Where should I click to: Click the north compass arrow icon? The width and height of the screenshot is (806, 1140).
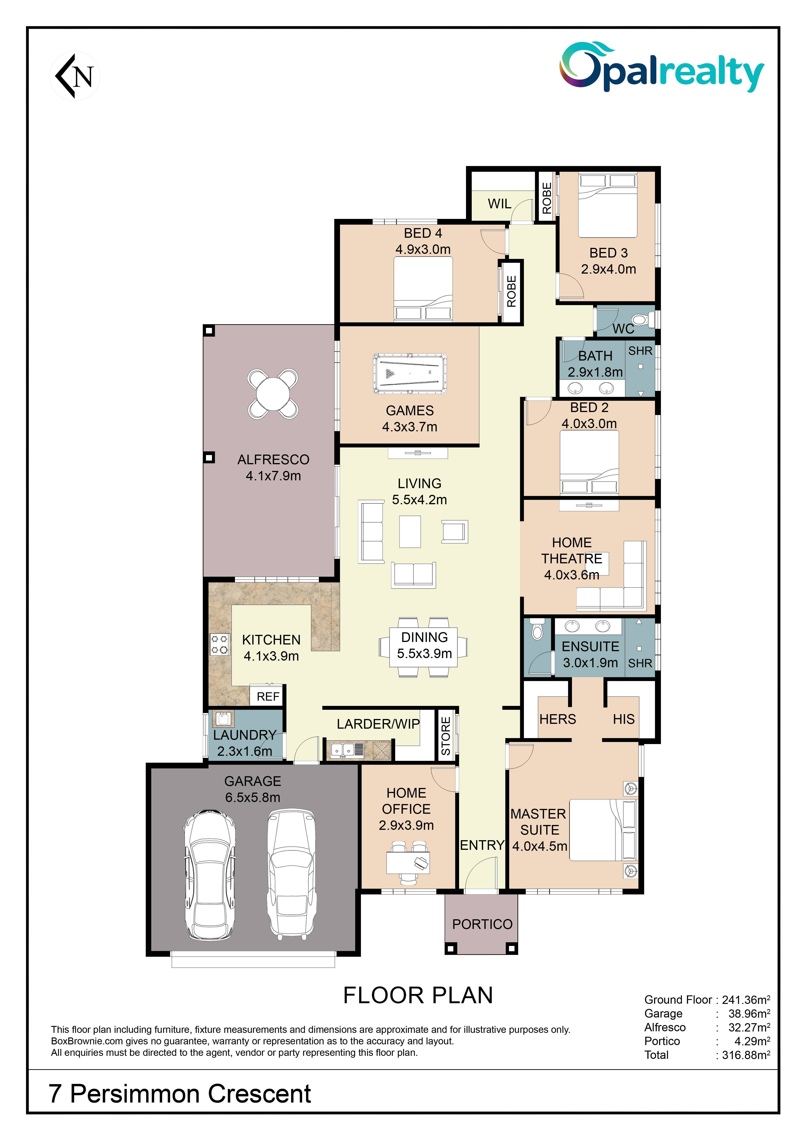coord(75,76)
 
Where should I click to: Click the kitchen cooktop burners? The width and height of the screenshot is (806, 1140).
coord(220,644)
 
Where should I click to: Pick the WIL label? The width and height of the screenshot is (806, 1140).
coord(499,203)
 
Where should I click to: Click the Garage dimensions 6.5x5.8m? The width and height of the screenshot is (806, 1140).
coord(253,797)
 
